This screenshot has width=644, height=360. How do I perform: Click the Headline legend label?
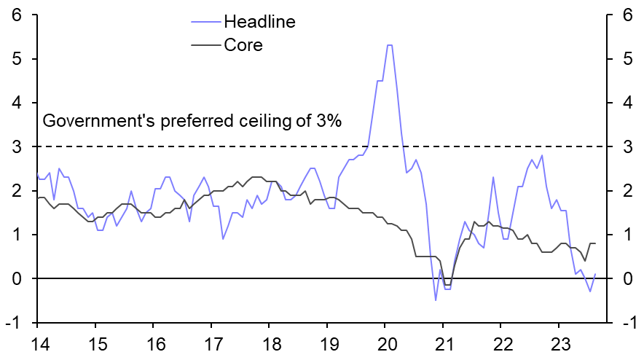(x=259, y=21)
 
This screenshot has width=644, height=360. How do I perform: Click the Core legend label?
(x=243, y=45)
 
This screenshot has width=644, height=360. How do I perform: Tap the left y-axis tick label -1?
(x=12, y=323)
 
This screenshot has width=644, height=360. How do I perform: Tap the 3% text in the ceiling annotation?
(x=327, y=122)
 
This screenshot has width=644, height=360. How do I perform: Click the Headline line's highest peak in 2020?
(x=390, y=45)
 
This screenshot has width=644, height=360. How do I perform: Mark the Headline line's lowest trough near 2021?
(x=436, y=300)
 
